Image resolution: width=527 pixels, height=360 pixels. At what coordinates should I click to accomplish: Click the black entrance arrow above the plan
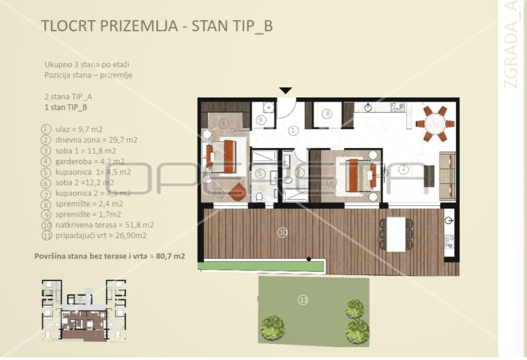(286, 90)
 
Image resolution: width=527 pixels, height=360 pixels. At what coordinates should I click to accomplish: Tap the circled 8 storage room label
(327, 114)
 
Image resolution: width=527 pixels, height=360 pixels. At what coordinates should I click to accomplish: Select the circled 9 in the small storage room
(260, 120)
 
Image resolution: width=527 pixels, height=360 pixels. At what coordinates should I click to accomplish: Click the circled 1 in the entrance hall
(293, 130)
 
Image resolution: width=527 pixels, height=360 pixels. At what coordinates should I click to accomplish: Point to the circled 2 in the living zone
(403, 169)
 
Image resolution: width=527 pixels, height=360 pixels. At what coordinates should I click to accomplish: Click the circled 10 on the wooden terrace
(283, 233)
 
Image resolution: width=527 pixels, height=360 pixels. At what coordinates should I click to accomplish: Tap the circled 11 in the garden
(303, 300)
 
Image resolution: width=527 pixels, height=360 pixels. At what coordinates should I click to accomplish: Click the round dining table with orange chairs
(435, 124)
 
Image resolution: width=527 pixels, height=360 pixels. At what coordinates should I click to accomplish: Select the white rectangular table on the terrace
(396, 234)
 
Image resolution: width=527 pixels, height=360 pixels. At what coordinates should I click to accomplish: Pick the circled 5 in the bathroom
(260, 174)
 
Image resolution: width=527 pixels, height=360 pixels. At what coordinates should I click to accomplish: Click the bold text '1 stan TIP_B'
(66, 107)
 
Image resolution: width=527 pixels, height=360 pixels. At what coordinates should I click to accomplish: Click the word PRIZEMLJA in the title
(139, 26)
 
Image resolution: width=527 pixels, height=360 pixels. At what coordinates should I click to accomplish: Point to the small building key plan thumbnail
(84, 310)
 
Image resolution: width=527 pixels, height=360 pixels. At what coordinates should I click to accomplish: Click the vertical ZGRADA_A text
(511, 45)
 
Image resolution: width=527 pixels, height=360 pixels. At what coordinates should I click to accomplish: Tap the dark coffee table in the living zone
(429, 176)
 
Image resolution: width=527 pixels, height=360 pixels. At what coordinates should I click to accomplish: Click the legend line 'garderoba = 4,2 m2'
(90, 161)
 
